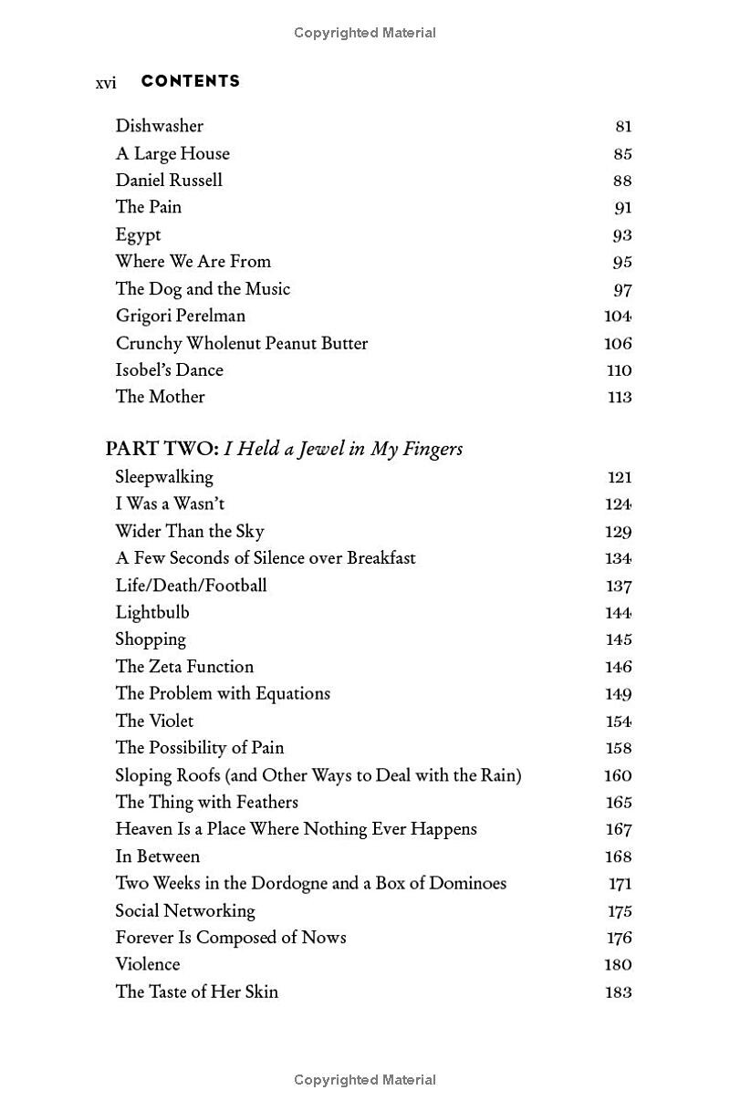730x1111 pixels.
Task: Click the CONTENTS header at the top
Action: pos(190,81)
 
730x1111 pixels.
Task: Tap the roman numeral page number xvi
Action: pos(106,83)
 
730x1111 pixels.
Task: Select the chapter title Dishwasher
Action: pos(159,126)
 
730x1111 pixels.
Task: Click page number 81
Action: pos(623,127)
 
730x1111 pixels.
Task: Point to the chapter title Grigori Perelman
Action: pos(180,316)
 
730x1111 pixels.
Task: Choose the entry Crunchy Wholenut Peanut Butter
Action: pos(241,343)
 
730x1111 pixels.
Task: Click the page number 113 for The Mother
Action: pos(620,397)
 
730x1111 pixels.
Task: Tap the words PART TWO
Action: pos(161,449)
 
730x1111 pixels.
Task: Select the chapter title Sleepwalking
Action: pos(163,477)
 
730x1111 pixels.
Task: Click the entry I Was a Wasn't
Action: pos(170,504)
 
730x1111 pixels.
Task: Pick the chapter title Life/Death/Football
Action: pos(191,585)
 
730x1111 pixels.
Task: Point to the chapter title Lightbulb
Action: pos(151,612)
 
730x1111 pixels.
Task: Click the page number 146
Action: pos(619,667)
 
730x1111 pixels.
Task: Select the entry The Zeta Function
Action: pos(184,667)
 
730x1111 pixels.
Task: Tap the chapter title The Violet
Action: pos(154,721)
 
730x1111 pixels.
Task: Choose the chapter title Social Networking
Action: pos(184,910)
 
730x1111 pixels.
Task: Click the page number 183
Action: pos(619,992)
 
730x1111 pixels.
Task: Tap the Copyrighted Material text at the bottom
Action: pos(365,1080)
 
